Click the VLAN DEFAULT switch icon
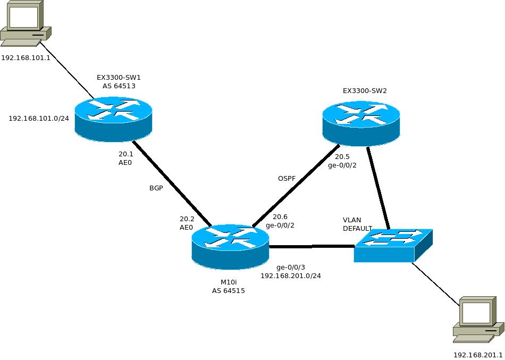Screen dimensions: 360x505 click(x=393, y=245)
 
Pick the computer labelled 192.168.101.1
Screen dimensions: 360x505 click(x=23, y=24)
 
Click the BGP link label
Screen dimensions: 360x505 click(x=156, y=188)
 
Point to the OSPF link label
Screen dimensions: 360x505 click(x=287, y=178)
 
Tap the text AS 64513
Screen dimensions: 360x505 click(x=122, y=86)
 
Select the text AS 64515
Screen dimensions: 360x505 click(x=228, y=291)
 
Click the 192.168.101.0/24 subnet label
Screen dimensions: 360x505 click(x=39, y=118)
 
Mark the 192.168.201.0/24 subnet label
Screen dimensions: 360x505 click(x=290, y=276)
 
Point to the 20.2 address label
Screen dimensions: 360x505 click(x=187, y=219)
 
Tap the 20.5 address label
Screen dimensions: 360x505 click(x=342, y=157)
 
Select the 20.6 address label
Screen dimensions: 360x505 click(x=280, y=216)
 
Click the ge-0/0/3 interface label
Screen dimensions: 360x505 click(x=291, y=267)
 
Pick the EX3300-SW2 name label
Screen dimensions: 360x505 click(x=365, y=91)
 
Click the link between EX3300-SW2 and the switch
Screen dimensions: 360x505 click(x=378, y=189)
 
